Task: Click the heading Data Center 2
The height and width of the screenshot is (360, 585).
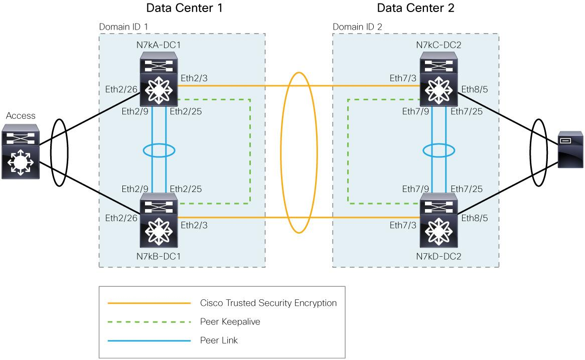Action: (x=416, y=9)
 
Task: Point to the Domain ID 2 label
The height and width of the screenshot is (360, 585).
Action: (x=357, y=27)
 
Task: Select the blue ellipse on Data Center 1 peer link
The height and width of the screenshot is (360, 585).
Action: (x=159, y=150)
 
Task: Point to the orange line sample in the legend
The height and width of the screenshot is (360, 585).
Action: (x=150, y=303)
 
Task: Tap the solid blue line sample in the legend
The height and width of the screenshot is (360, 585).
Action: (x=150, y=340)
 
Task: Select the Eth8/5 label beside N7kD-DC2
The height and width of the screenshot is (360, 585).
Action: (x=474, y=218)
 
